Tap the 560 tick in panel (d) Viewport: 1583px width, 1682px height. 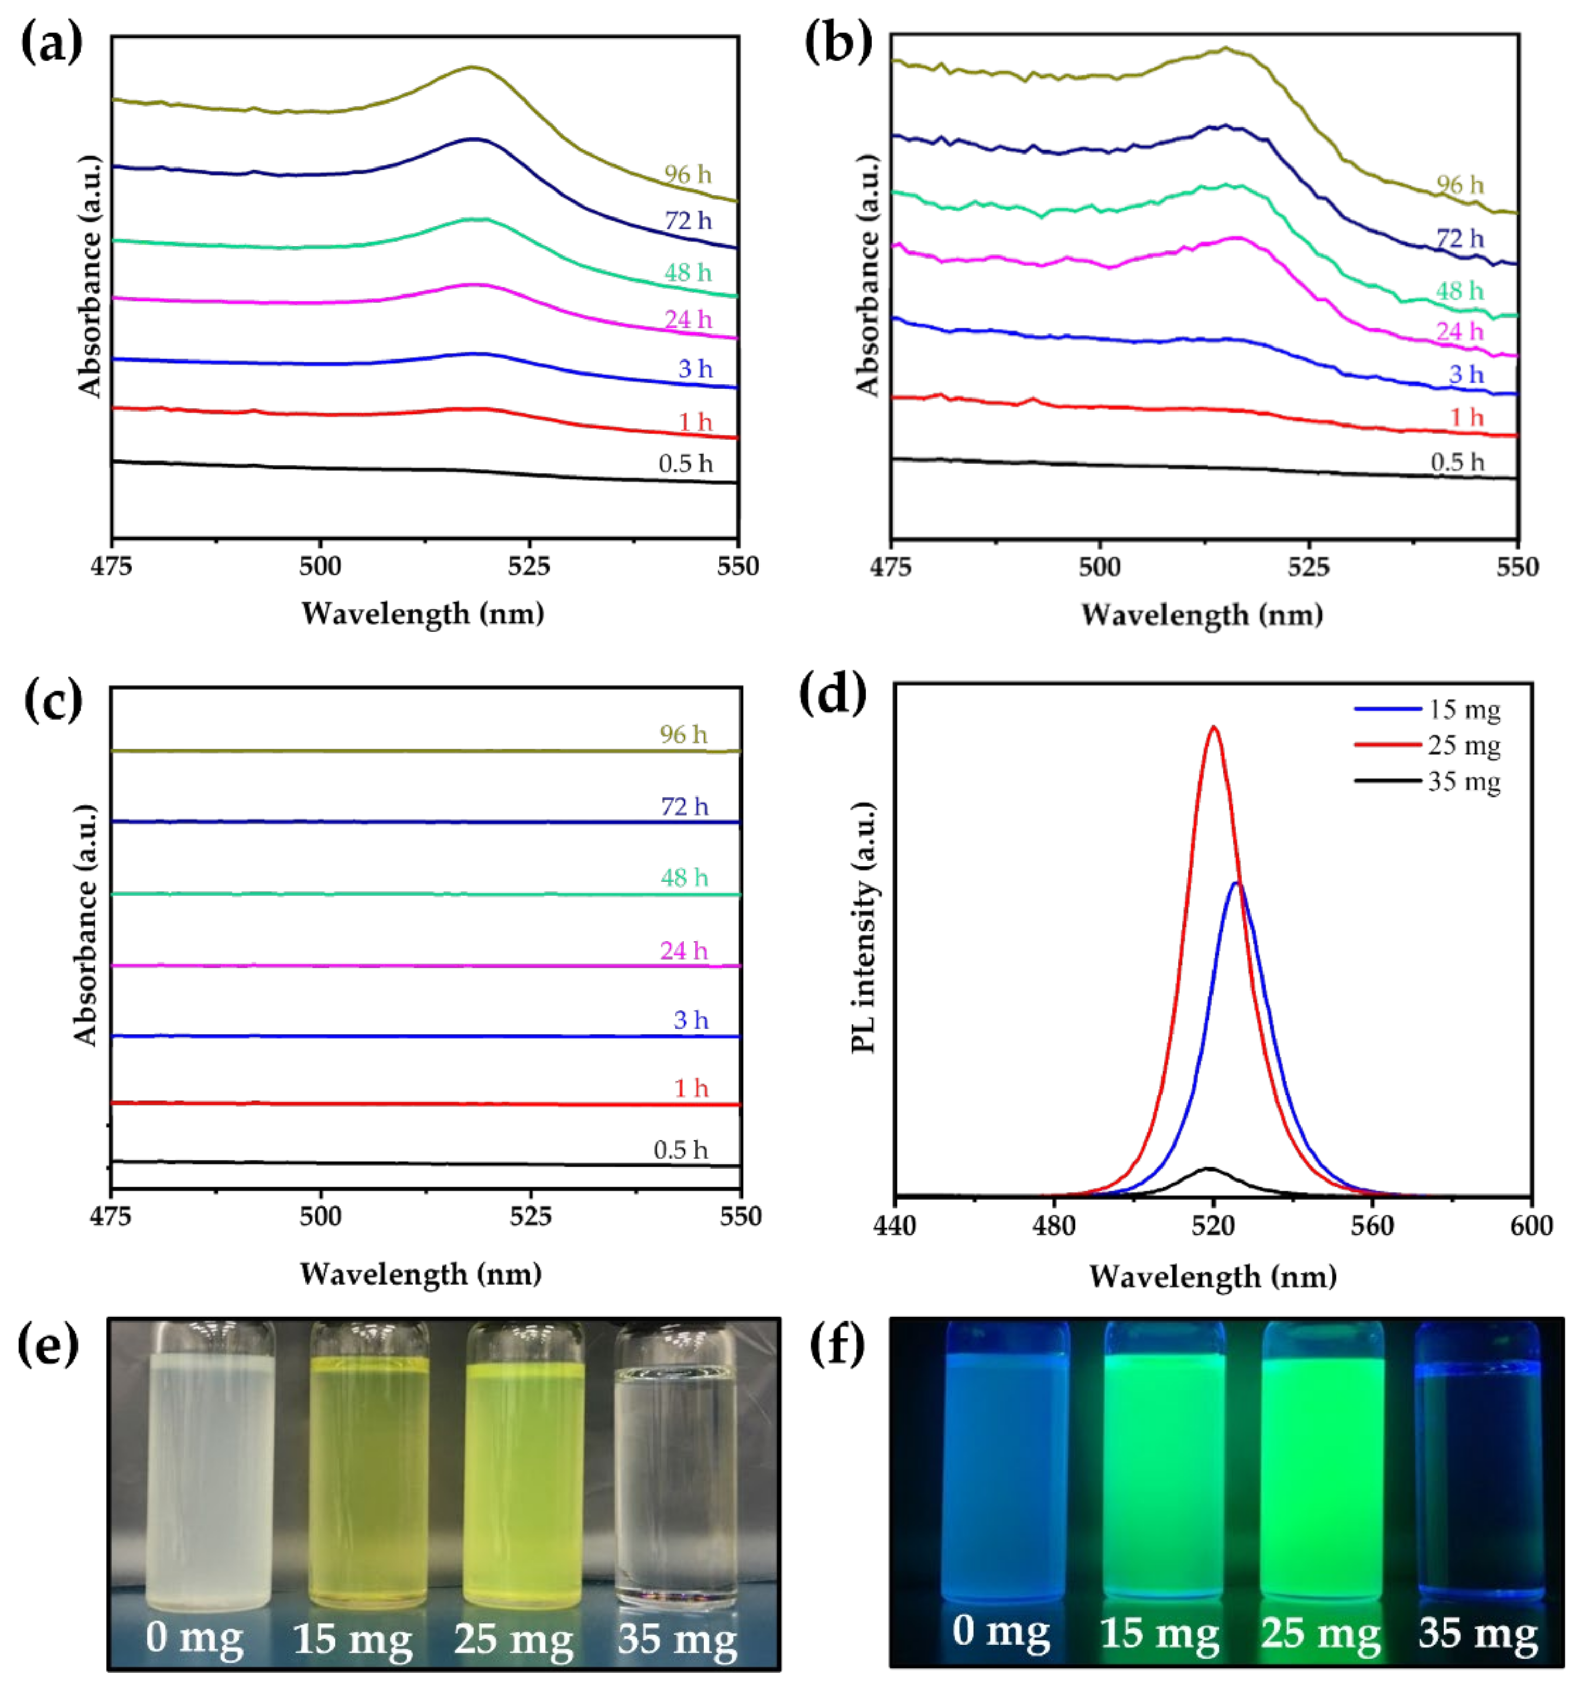[1372, 1226]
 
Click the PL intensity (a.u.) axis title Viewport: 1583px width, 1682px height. [863, 927]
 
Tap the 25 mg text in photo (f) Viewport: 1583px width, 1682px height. [1320, 1631]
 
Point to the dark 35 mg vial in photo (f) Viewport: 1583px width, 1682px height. [1478, 1463]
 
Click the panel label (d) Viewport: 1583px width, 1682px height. [833, 694]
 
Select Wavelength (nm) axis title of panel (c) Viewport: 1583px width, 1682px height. [420, 1274]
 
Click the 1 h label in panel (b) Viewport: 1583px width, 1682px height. [1466, 417]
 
